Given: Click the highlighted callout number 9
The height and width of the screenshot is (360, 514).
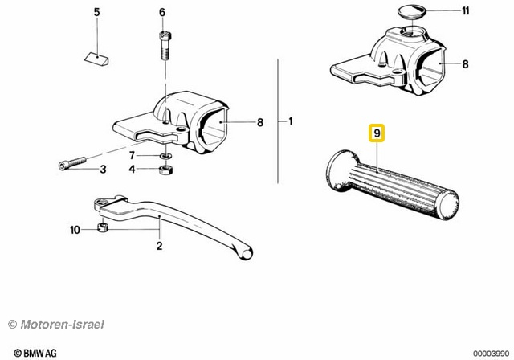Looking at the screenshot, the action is coord(377,133).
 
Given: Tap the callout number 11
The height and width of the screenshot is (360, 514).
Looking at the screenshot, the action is coord(466,10).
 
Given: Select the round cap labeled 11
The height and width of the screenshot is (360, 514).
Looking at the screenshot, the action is coord(412,11).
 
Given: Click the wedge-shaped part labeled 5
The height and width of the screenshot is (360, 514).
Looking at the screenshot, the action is coord(97,59).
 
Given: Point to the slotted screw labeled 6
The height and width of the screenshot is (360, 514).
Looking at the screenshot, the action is coord(165,45).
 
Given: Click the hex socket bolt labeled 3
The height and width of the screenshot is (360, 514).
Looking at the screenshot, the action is coord(72,163).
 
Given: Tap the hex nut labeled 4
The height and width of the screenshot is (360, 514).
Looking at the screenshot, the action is coord(165,170).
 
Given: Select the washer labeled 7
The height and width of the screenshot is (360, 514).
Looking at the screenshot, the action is coord(165,155).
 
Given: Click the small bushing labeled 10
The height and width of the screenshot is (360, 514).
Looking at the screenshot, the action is coord(103,227).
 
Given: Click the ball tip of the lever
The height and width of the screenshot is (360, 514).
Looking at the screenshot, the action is coord(247,254).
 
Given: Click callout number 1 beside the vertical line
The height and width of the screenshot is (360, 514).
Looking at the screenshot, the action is coord(291,121).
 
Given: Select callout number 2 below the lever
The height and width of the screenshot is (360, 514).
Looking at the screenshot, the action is coord(159,246).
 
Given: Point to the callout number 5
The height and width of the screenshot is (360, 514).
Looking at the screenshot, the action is coord(96,13).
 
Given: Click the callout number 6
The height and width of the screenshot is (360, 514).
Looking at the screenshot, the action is coord(162,13).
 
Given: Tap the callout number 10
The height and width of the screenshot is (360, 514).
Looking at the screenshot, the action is coord(75,230).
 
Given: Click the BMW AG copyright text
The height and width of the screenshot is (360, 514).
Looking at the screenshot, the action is coord(35,353).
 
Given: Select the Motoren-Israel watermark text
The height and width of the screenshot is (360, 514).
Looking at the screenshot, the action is coord(55,325).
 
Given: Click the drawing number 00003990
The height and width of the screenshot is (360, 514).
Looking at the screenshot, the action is coord(491,354).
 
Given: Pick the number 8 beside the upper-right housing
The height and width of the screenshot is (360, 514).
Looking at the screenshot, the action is coord(466,64).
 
